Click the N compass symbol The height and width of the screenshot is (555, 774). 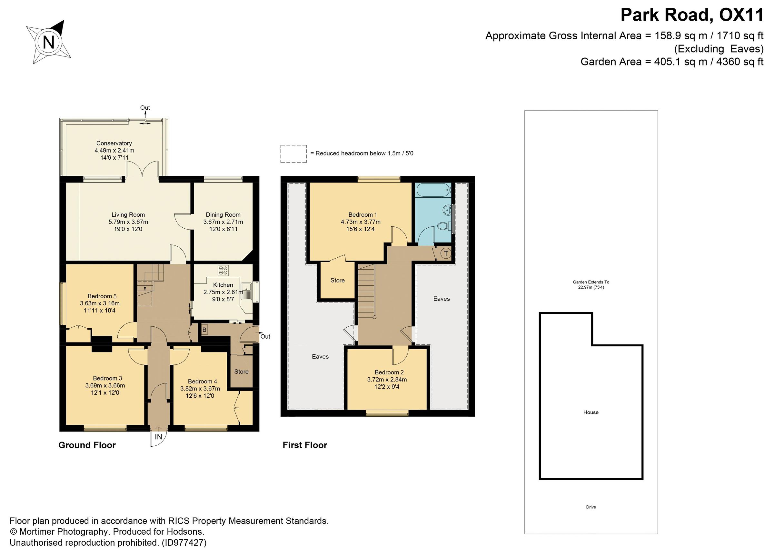[49, 43]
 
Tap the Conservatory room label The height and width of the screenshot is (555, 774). [114, 144]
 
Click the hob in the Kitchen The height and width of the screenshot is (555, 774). [223, 271]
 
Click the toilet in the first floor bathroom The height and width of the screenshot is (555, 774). [443, 225]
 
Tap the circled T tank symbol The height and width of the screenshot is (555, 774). [446, 253]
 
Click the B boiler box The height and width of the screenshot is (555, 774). [204, 330]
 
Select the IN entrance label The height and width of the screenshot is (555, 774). [158, 437]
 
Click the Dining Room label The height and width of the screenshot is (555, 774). [223, 215]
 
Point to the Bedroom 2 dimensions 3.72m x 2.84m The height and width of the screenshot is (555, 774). [387, 380]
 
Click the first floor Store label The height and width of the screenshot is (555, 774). [337, 280]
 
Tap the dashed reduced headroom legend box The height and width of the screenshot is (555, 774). [293, 154]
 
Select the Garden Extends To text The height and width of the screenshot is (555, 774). [591, 282]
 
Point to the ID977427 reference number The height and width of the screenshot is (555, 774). [184, 542]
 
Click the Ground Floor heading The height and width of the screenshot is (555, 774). [87, 445]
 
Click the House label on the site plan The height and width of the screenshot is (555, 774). [591, 412]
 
